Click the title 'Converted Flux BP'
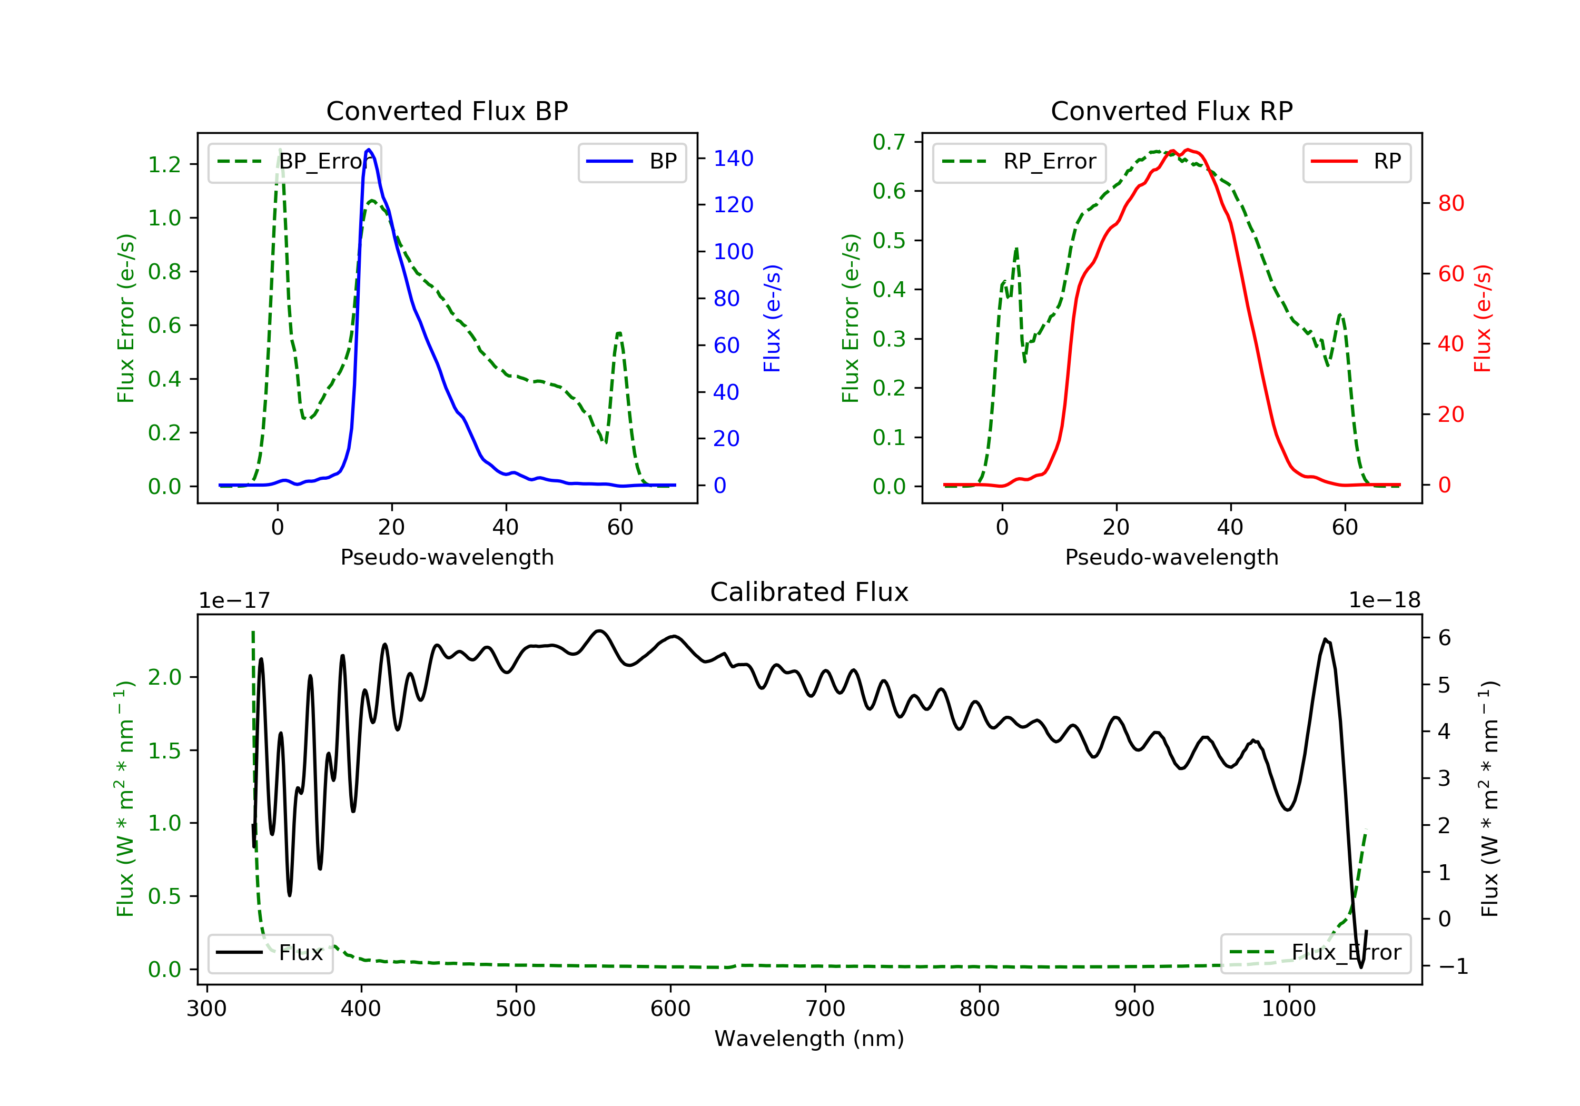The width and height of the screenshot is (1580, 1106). coord(447,111)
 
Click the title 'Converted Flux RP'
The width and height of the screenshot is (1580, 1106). coord(1171,111)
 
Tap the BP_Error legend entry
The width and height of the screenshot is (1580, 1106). coord(294,162)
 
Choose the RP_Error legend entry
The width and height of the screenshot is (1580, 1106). coord(1019,162)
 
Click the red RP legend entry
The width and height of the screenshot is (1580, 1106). coord(1356,162)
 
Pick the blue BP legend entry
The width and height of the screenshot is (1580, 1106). coord(631,162)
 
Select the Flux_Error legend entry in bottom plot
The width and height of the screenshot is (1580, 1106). coord(1315,953)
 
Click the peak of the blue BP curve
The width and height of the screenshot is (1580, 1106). coord(369,150)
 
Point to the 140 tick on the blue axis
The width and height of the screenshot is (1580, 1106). coord(733,159)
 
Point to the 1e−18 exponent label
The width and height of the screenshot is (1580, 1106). coord(1384,600)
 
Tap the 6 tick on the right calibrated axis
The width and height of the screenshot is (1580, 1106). coord(1445,638)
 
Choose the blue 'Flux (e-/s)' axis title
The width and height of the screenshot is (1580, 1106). coord(772,318)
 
